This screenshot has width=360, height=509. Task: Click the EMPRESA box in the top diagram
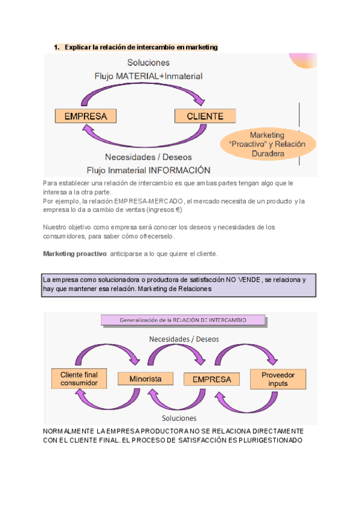tap(85, 116)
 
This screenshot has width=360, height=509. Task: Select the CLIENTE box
tap(205, 116)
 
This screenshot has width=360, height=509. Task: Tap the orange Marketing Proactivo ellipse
tap(267, 144)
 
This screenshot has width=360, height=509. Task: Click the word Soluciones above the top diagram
tap(148, 62)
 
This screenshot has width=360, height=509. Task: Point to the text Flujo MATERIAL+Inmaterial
tap(148, 76)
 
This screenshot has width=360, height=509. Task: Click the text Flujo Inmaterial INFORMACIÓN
tap(148, 170)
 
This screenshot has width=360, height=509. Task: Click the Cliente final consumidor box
tap(79, 379)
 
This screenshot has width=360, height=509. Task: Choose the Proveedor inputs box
tap(278, 379)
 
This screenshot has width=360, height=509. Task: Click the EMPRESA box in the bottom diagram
tap(212, 379)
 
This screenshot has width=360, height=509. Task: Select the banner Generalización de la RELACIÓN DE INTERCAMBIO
tap(183, 320)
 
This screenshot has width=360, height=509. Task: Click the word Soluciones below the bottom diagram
tap(179, 418)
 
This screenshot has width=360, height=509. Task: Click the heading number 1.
tap(56, 47)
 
